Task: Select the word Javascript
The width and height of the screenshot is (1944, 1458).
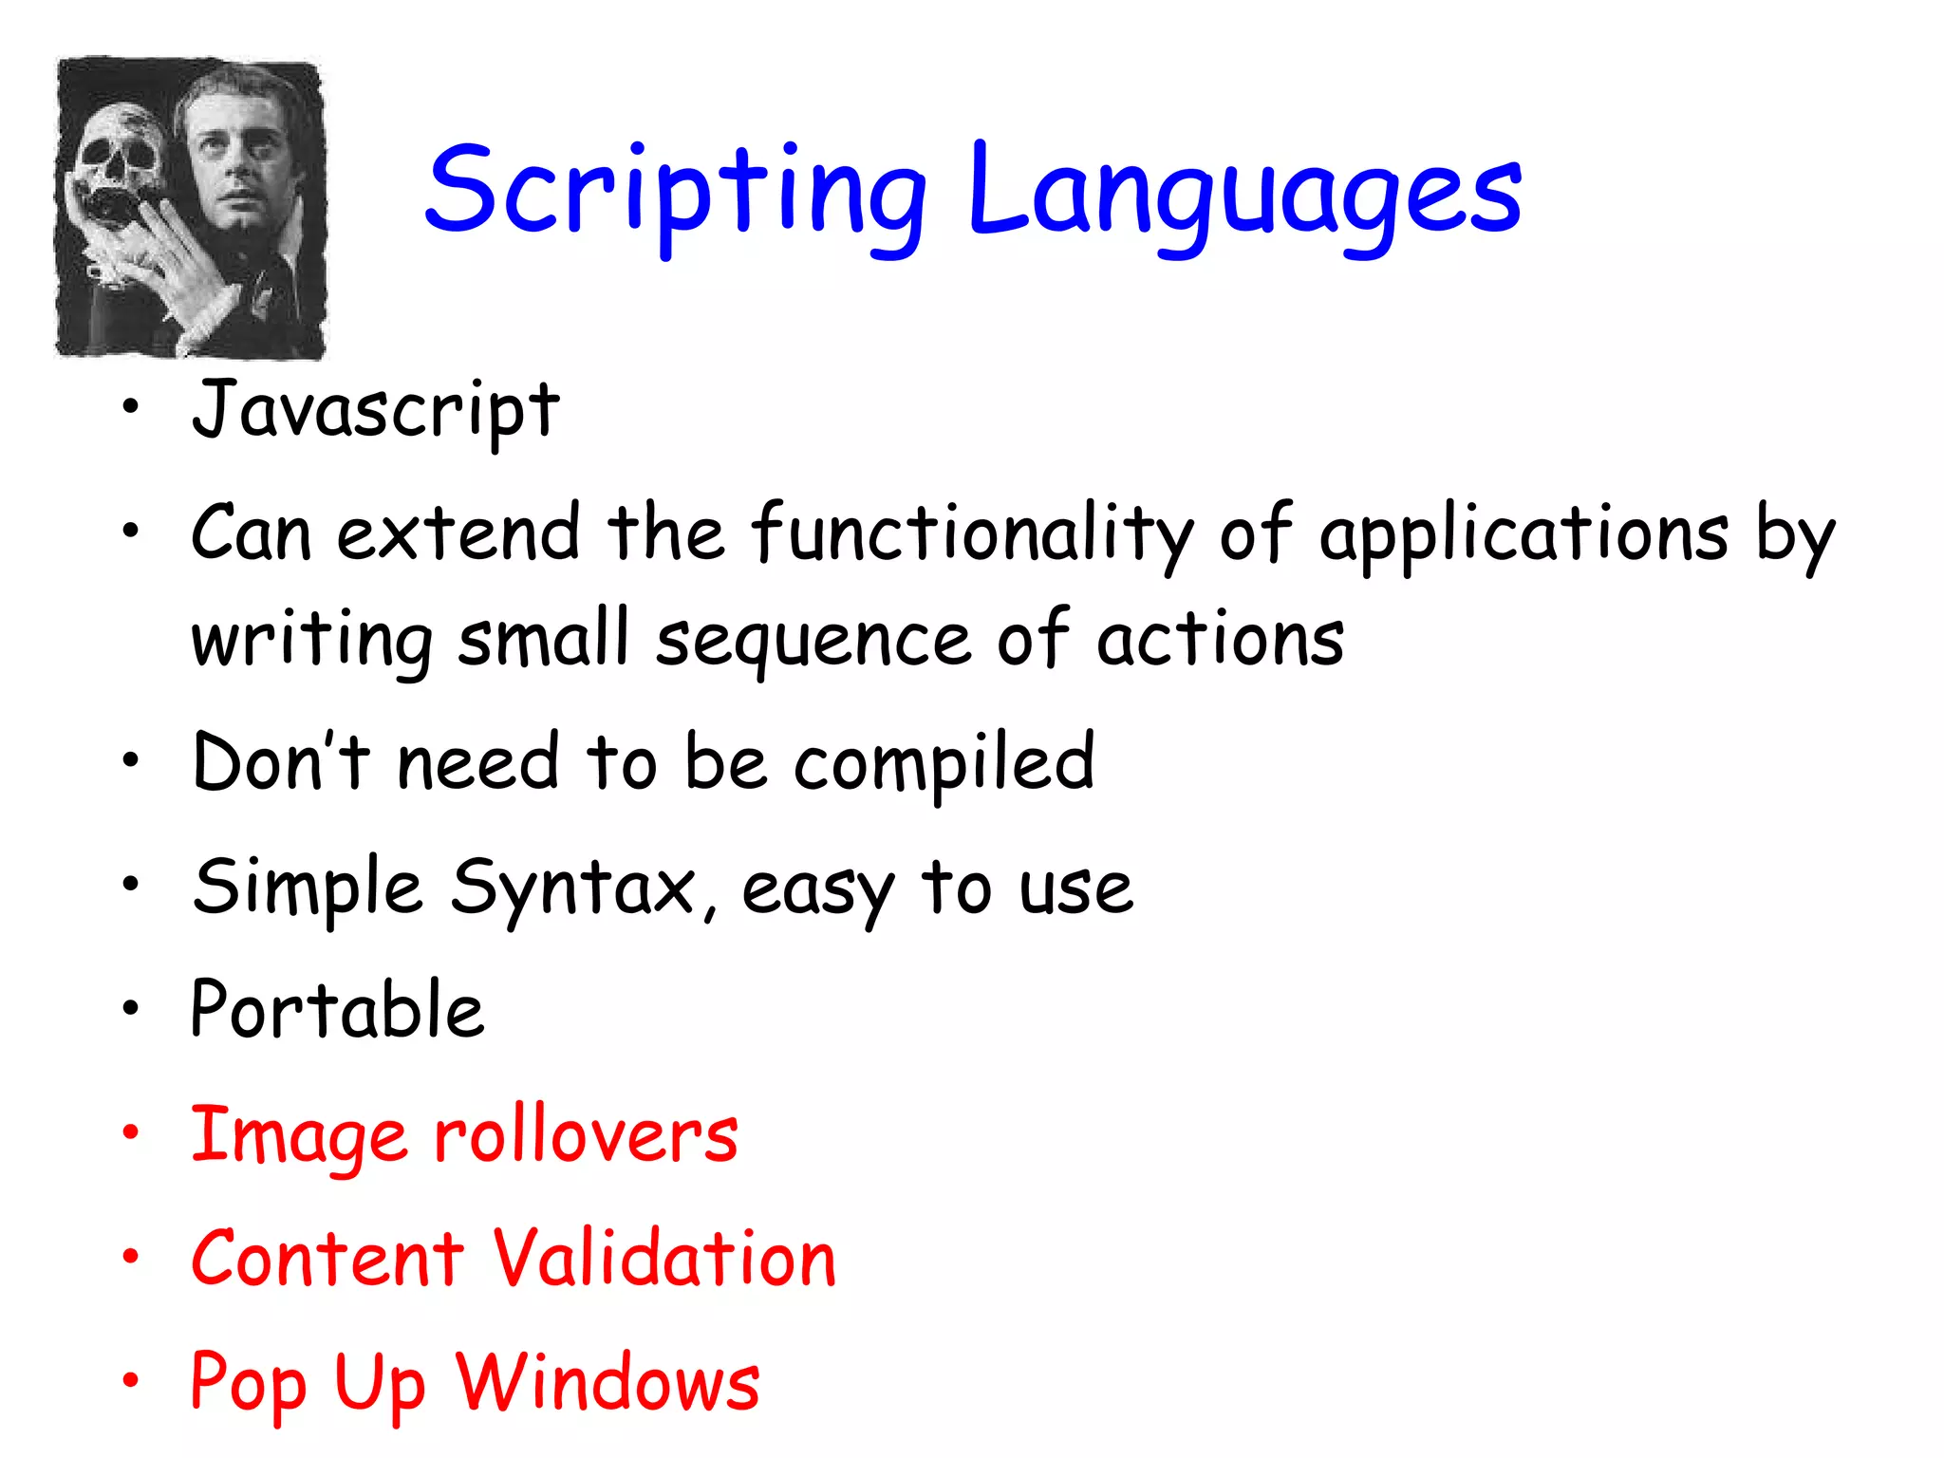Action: (376, 410)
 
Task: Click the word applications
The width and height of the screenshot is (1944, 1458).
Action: (1523, 536)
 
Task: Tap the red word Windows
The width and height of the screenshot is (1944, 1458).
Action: (607, 1382)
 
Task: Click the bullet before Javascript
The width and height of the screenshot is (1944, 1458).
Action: (130, 409)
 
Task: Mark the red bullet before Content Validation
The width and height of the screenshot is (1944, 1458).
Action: (130, 1257)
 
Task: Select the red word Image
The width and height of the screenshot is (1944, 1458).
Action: (299, 1136)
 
